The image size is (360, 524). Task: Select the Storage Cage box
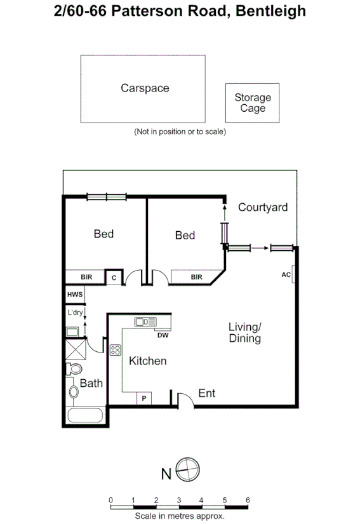tap(252, 103)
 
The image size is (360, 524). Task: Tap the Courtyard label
tap(263, 207)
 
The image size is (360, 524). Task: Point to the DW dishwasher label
tap(163, 335)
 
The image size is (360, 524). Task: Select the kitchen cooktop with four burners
tap(116, 350)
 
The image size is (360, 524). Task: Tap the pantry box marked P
tap(144, 398)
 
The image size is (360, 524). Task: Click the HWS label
tap(74, 295)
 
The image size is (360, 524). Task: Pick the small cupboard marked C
tap(114, 277)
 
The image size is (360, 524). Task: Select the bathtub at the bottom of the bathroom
tap(85, 416)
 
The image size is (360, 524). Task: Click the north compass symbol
tap(188, 471)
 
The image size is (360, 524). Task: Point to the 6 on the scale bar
tap(248, 499)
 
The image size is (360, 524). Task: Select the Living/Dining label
tap(245, 332)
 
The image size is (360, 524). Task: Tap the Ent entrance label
tap(207, 394)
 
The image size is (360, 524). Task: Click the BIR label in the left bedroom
tap(87, 277)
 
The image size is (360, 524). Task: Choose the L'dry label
tap(76, 312)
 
